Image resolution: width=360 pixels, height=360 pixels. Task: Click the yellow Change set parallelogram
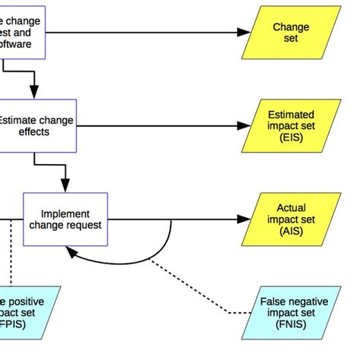286,33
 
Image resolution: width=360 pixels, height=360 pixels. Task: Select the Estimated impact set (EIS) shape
286,125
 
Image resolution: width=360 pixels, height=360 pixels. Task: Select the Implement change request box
65,219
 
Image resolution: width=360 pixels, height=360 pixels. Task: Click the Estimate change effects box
36,125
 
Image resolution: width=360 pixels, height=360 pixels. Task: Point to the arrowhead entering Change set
243,33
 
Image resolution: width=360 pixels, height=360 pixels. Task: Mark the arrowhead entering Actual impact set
243,219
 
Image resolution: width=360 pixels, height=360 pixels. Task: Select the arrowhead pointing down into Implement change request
65,186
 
